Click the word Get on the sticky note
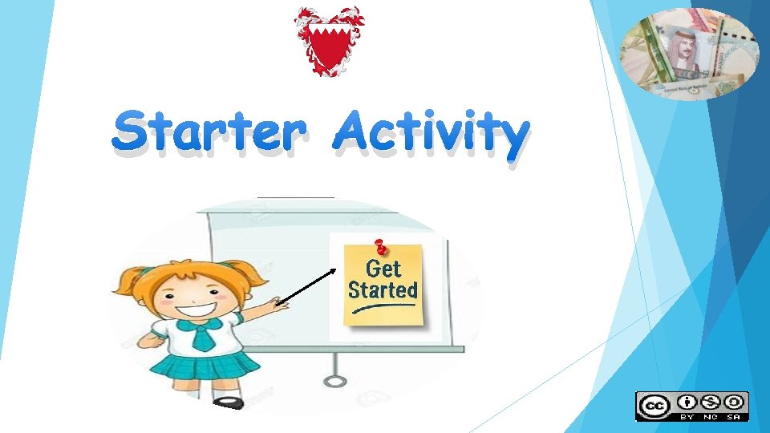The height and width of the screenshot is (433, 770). (383, 268)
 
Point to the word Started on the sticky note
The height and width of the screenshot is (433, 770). (383, 289)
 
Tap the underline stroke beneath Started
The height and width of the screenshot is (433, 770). (383, 306)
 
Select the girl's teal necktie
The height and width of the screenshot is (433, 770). (202, 337)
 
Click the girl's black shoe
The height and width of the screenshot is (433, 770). (229, 403)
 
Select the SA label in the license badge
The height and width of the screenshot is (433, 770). (734, 416)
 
